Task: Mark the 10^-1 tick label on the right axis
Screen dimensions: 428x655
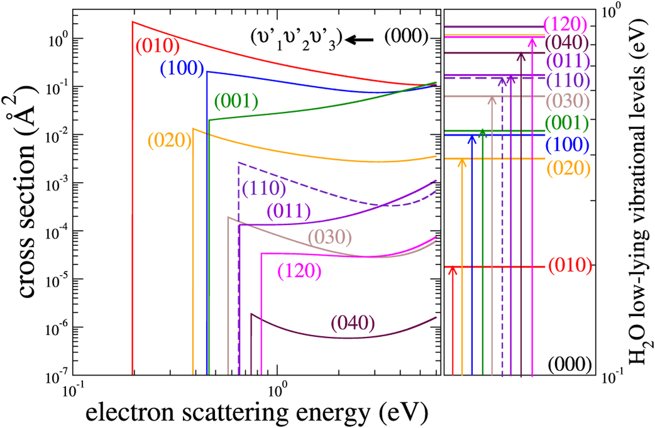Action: point(615,376)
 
